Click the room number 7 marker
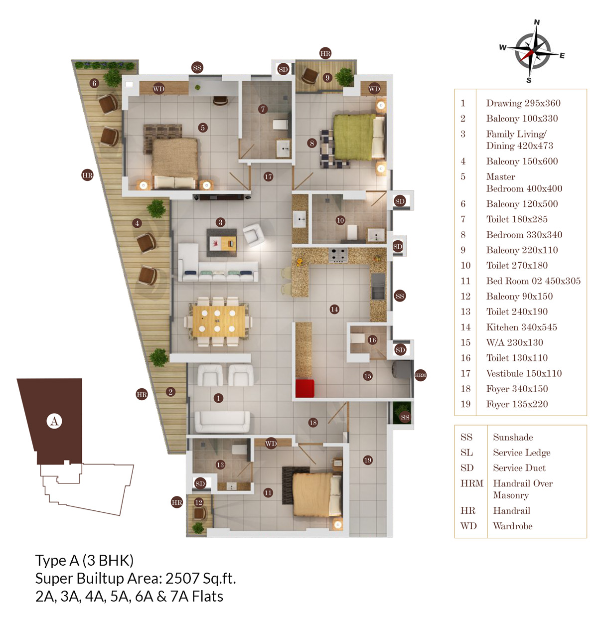click(x=263, y=109)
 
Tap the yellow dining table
click(x=219, y=320)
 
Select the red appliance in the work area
click(x=304, y=388)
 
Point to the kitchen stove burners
click(x=338, y=255)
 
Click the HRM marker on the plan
click(x=420, y=375)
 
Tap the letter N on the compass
click(x=537, y=22)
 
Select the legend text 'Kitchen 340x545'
click(x=522, y=327)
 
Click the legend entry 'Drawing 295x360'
click(x=523, y=103)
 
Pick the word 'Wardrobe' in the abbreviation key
click(x=513, y=526)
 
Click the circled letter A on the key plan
click(x=54, y=421)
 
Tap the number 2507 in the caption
click(x=182, y=578)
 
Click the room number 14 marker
click(x=334, y=309)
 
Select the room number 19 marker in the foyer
click(x=368, y=460)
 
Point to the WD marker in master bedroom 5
click(x=158, y=89)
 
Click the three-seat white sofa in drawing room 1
click(x=222, y=422)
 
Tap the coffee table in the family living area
click(x=221, y=242)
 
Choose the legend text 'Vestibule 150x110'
click(x=524, y=373)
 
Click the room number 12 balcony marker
click(x=199, y=502)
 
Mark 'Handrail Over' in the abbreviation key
click(x=523, y=483)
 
